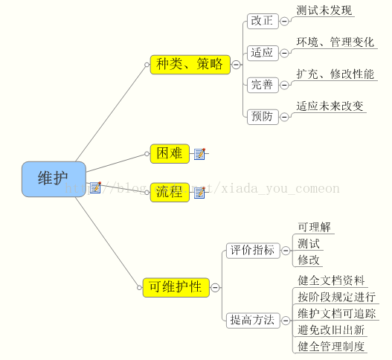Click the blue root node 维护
click(x=54, y=179)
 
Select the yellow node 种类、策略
click(x=190, y=65)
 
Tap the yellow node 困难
click(x=170, y=153)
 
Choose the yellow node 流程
click(x=170, y=192)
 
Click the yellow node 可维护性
click(x=176, y=288)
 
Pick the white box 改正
click(x=263, y=22)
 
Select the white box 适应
click(x=263, y=53)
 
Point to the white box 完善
click(x=263, y=85)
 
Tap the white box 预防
click(x=263, y=117)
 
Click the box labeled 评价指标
click(x=253, y=251)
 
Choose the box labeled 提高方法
click(x=253, y=321)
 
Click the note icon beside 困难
click(x=200, y=153)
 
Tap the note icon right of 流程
click(x=200, y=193)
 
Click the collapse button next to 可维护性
click(x=215, y=288)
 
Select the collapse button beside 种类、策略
click(x=236, y=65)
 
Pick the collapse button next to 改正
click(x=284, y=22)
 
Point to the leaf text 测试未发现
click(x=324, y=10)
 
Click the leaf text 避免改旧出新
click(x=331, y=330)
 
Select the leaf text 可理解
click(x=314, y=227)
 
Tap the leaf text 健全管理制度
click(x=331, y=347)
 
